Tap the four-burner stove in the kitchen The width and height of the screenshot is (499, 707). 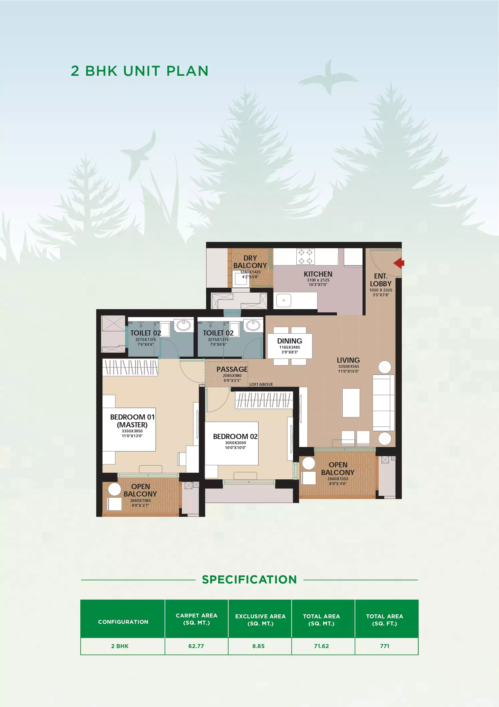point(305,257)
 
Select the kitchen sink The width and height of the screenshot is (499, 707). point(284,300)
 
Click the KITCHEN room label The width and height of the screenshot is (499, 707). point(318,274)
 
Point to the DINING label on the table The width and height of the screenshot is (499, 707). point(290,341)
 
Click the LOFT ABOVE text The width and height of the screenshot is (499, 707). point(261,384)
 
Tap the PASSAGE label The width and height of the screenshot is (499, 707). point(232,369)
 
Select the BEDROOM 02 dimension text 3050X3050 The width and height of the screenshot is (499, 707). point(235,443)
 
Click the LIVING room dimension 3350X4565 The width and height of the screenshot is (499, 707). point(349,366)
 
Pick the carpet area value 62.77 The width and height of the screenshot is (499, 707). point(196,646)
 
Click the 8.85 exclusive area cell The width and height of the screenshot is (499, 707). point(258,646)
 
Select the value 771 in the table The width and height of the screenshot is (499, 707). point(385,646)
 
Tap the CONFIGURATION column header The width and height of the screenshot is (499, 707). point(123,622)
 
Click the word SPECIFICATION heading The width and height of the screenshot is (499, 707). point(249,579)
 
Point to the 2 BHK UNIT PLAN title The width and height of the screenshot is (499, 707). point(140,71)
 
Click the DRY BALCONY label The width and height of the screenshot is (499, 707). point(250,262)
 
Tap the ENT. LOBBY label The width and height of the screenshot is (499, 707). point(381,280)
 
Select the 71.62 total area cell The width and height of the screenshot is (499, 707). point(321,646)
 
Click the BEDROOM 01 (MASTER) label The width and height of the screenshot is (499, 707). point(132,421)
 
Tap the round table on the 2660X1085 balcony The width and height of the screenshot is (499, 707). point(114,489)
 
